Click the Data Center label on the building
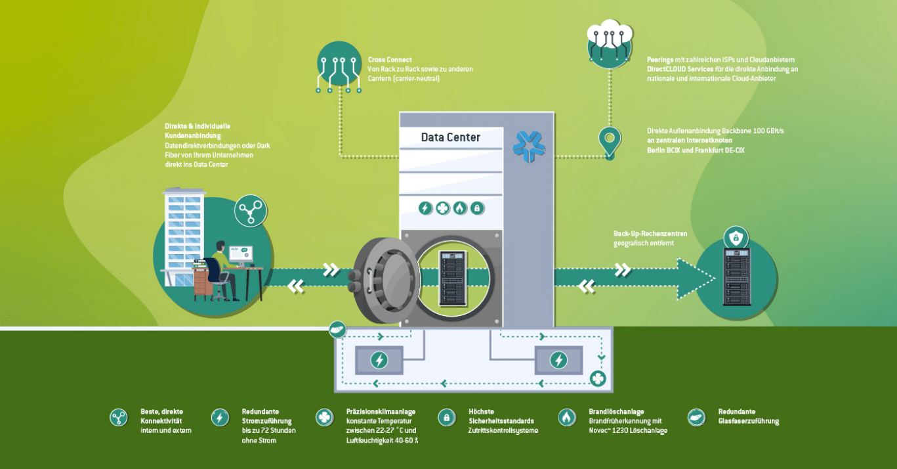[x=450, y=138]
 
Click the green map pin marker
[x=610, y=141]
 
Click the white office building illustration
[x=184, y=230]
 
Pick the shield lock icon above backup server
[x=735, y=238]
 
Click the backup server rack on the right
[x=736, y=277]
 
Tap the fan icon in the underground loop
[x=597, y=378]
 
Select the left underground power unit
[x=379, y=360]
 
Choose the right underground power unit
[x=558, y=360]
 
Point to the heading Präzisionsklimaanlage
[x=381, y=412]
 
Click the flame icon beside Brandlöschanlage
[x=566, y=417]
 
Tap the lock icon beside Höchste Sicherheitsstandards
[x=446, y=417]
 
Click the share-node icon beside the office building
[x=250, y=210]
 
